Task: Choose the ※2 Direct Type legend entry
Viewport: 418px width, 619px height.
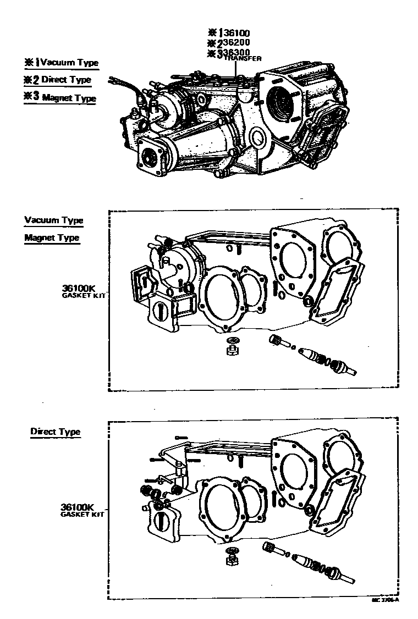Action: point(57,80)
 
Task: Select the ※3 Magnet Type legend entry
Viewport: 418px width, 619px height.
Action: point(60,98)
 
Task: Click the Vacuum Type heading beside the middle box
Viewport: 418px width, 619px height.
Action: point(54,220)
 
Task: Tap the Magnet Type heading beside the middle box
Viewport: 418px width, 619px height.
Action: point(52,238)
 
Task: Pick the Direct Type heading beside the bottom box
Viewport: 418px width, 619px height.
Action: point(55,432)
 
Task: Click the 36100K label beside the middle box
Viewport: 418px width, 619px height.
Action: point(79,288)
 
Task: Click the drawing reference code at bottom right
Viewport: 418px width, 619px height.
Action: point(385,600)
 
